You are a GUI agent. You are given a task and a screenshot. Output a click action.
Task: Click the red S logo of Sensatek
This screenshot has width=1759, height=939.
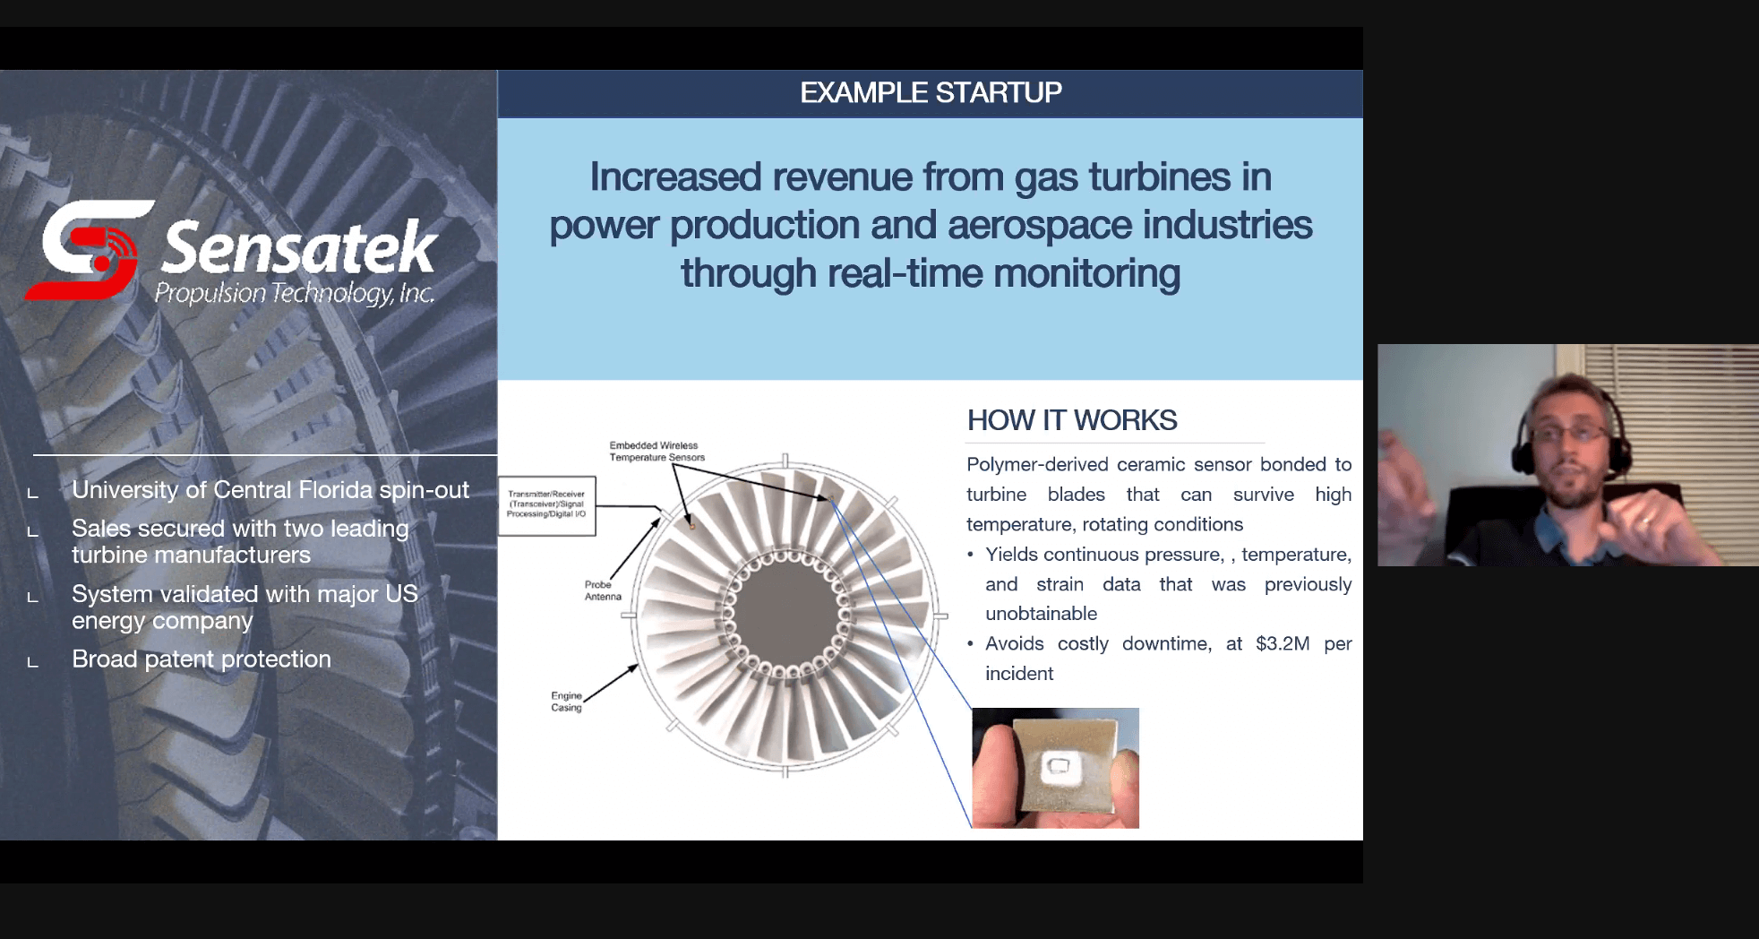[89, 251]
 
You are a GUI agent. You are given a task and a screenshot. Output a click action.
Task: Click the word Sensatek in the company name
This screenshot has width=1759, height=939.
[299, 247]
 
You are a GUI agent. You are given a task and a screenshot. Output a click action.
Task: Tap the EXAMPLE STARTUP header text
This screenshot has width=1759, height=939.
[931, 92]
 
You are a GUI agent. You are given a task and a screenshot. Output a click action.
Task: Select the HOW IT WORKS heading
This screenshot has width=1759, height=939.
[1072, 420]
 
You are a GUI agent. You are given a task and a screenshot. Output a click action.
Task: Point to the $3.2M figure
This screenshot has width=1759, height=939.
[1283, 643]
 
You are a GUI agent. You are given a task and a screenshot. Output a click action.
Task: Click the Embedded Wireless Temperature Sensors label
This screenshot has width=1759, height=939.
[656, 451]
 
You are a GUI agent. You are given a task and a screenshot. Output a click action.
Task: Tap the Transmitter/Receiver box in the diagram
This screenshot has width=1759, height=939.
[546, 505]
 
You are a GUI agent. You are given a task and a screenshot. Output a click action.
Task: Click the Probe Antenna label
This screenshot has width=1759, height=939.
[603, 590]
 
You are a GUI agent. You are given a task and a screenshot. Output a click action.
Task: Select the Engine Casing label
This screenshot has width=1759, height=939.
[566, 702]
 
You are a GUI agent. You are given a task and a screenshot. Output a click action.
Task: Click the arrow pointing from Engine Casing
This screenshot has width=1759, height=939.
[611, 683]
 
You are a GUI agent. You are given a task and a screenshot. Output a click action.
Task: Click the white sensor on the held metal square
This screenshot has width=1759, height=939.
[1058, 766]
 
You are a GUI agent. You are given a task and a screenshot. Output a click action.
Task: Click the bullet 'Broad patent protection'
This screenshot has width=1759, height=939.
[202, 659]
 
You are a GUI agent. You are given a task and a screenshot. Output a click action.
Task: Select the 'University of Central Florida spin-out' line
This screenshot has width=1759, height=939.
[270, 490]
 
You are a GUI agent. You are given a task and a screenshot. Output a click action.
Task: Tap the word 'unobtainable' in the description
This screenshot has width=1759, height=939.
[1041, 614]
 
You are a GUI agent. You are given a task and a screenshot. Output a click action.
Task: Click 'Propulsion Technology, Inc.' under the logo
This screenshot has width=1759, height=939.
[295, 294]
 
